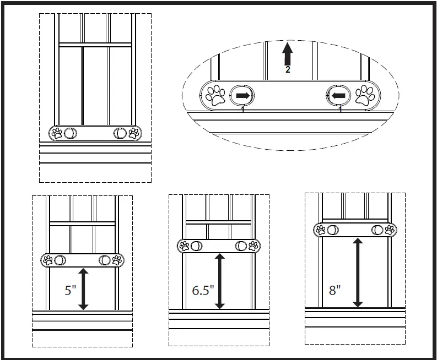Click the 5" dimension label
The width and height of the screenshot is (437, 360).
pos(70,291)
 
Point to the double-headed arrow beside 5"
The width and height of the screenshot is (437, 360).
pos(84,289)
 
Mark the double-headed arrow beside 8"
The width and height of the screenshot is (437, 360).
pos(358,272)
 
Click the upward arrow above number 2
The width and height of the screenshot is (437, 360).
pos(287,54)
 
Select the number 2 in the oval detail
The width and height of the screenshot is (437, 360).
pos(287,70)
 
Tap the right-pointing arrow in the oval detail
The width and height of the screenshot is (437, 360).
pos(242,95)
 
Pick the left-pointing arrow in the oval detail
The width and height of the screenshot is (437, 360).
pos(339,95)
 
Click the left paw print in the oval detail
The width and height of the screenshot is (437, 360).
pos(216,95)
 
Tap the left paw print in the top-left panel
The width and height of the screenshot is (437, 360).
pos(57,133)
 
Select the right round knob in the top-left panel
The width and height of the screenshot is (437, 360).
pos(120,133)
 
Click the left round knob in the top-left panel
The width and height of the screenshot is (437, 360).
pos(71,133)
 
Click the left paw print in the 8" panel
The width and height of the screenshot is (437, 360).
pos(320,230)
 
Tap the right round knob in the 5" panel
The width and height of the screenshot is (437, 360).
pos(104,260)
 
